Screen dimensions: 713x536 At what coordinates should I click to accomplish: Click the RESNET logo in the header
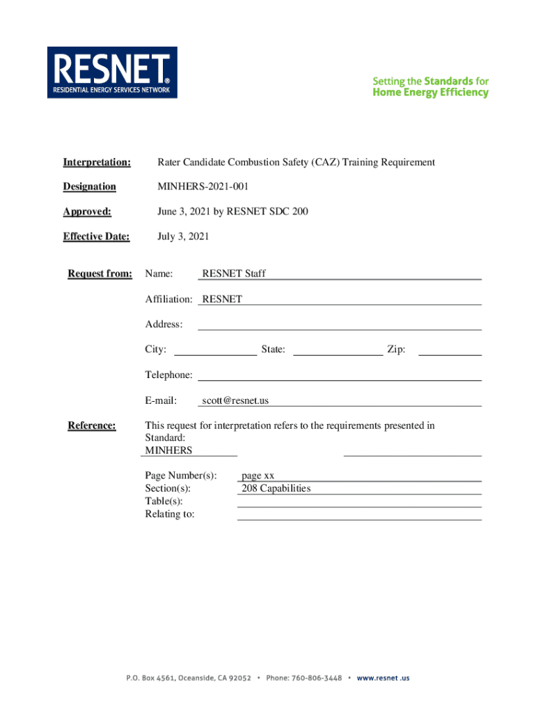[x=112, y=72]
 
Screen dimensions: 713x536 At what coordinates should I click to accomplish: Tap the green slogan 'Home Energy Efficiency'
[x=430, y=93]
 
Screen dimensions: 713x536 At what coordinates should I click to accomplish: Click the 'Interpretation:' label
[x=97, y=162]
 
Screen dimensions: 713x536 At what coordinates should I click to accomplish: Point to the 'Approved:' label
[x=87, y=212]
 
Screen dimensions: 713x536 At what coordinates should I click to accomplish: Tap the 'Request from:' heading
[x=100, y=274]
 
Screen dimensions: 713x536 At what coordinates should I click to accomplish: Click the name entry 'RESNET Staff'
[x=233, y=274]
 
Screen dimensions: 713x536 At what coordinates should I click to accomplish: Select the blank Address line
[x=340, y=324]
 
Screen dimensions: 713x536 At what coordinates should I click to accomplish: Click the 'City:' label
[x=155, y=350]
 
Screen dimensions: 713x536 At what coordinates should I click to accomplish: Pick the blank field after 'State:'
[x=338, y=350]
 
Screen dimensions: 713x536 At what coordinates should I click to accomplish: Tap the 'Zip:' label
[x=396, y=350]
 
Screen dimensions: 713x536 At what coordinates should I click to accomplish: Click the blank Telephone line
[x=340, y=375]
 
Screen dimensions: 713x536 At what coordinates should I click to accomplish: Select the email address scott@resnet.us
[x=235, y=400]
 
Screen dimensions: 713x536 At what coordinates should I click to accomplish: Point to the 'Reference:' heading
[x=92, y=425]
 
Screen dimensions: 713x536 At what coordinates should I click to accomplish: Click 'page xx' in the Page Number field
[x=258, y=476]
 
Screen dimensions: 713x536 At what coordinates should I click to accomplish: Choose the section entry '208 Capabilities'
[x=276, y=488]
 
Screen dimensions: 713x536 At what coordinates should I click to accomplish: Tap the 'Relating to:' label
[x=170, y=514]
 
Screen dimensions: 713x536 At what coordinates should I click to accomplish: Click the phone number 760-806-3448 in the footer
[x=317, y=678]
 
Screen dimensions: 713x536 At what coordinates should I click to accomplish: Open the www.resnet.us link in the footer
[x=384, y=678]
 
